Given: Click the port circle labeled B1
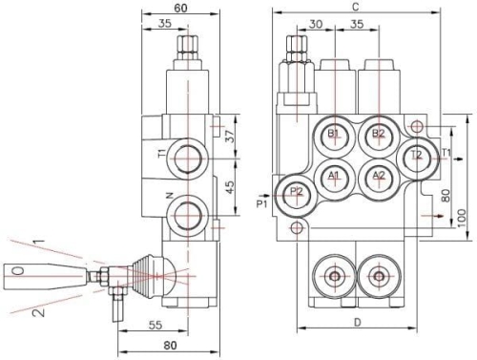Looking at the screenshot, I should pyautogui.click(x=334, y=134).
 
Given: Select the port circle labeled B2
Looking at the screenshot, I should pyautogui.click(x=379, y=134).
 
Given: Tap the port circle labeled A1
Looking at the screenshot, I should pyautogui.click(x=334, y=176).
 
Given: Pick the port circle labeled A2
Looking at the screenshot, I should pyautogui.click(x=379, y=176).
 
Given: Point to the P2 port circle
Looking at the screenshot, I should pyautogui.click(x=296, y=192).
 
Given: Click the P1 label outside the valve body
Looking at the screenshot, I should pyautogui.click(x=262, y=202).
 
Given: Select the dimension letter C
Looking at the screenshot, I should pyautogui.click(x=355, y=6).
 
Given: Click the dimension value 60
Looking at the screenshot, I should pyautogui.click(x=181, y=7).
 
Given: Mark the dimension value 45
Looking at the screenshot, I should pyautogui.click(x=230, y=188).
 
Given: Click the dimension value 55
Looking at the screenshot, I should pyautogui.click(x=181, y=325).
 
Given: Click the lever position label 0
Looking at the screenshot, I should pyautogui.click(x=18, y=272).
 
